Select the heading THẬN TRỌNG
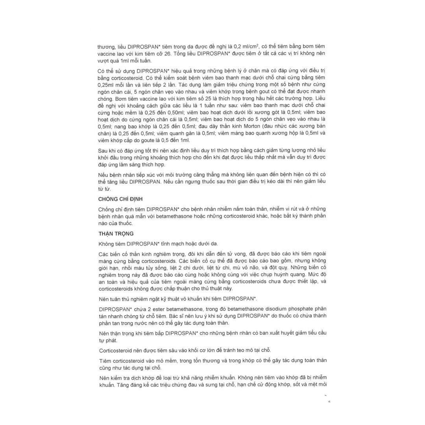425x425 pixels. click(x=116, y=233)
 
